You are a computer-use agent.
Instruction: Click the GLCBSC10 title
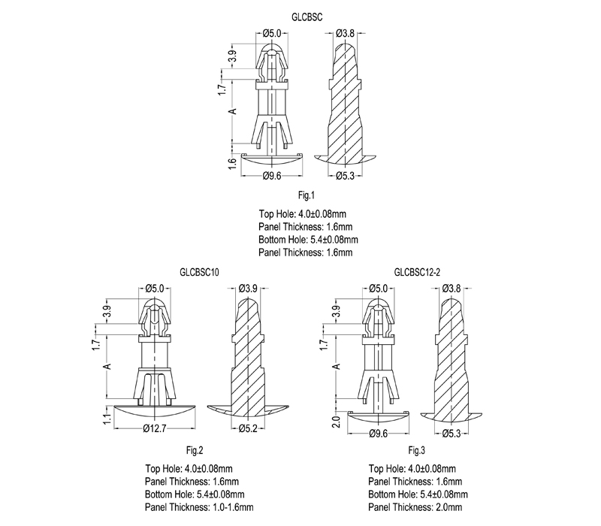199,272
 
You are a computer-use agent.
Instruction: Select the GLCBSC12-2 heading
417,272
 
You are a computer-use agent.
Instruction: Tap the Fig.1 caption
307,195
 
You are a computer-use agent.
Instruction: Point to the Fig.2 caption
195,450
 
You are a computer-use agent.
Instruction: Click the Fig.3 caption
417,450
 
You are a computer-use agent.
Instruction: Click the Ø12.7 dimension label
155,428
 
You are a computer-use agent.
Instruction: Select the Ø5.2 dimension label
248,428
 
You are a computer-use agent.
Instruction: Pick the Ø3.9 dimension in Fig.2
248,289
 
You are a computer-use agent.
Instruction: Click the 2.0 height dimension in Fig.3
336,422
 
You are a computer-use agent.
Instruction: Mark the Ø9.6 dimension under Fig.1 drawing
272,176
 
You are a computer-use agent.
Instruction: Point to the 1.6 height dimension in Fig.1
232,164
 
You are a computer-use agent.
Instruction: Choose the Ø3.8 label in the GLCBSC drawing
345,33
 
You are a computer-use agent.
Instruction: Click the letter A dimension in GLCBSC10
108,366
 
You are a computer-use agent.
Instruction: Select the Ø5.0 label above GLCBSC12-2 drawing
379,289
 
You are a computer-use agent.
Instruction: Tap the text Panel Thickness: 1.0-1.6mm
199,507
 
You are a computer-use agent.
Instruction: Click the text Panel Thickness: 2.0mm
415,507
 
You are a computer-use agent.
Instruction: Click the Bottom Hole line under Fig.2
195,494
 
